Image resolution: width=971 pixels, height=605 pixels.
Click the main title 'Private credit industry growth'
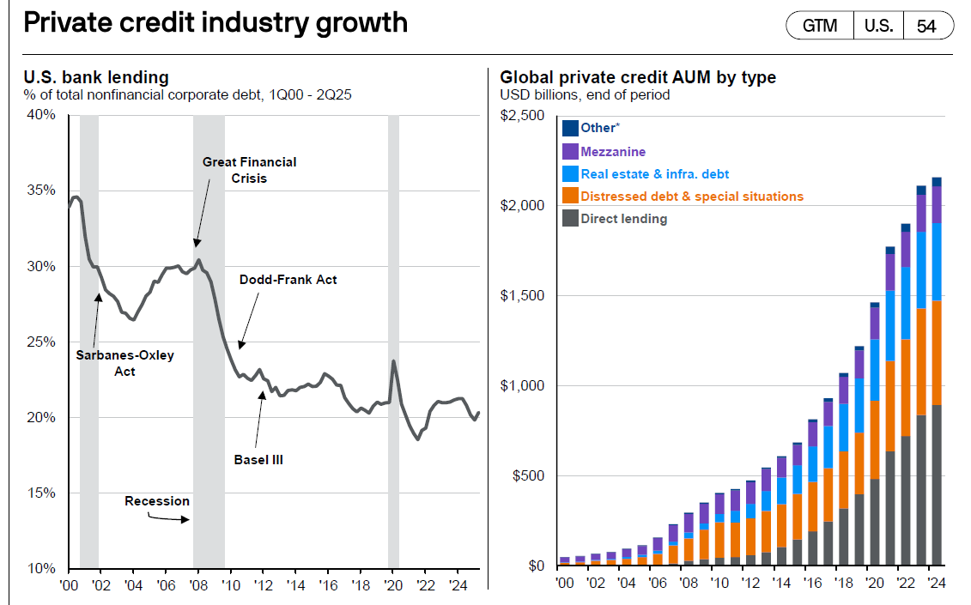(x=215, y=22)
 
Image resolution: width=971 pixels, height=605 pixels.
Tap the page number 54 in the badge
(x=926, y=26)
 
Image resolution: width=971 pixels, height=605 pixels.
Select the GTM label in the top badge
(x=819, y=26)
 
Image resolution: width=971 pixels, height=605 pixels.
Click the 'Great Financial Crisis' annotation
(x=249, y=170)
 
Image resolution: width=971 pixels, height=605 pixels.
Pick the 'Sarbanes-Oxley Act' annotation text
(x=124, y=363)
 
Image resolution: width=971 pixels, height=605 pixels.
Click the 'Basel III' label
(x=258, y=460)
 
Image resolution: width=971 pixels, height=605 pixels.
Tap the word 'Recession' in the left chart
(x=157, y=500)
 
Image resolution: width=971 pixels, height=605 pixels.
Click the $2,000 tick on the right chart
(x=524, y=206)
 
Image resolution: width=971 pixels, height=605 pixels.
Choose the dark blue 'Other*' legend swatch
(x=570, y=128)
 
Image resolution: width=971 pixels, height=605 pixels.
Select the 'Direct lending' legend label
(x=623, y=219)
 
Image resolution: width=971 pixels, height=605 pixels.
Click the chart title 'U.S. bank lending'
(x=96, y=78)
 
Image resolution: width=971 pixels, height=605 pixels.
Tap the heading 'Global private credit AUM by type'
(x=638, y=78)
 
